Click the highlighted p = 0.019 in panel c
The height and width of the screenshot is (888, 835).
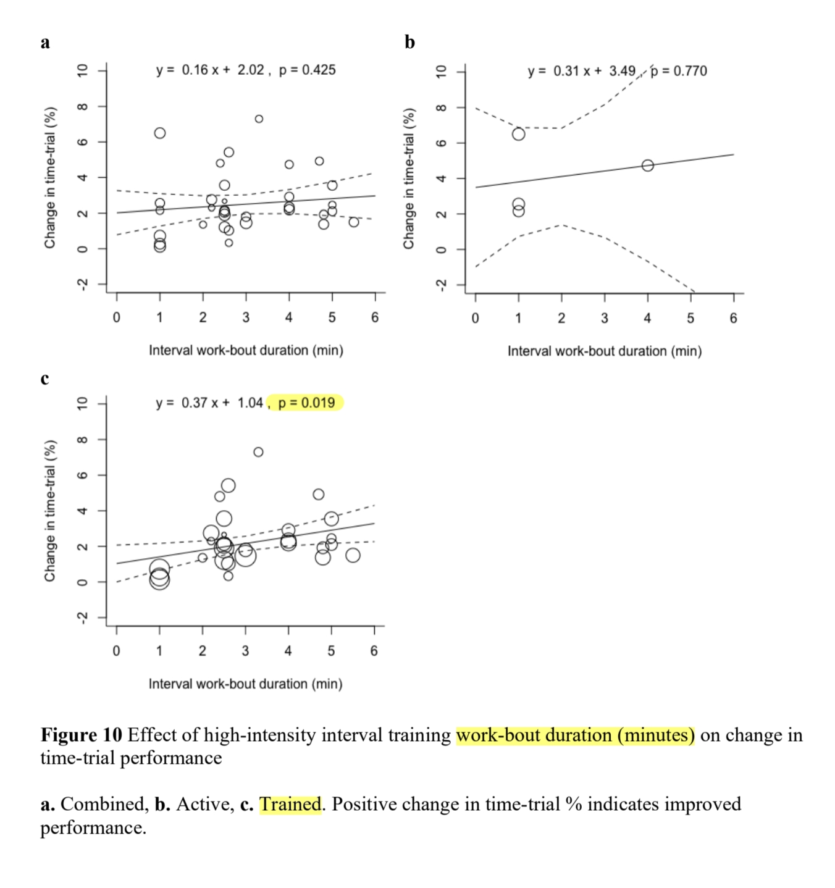pos(306,403)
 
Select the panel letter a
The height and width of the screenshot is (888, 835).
pos(45,42)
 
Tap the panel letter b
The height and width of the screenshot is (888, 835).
pos(409,42)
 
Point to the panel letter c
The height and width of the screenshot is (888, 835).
pos(44,378)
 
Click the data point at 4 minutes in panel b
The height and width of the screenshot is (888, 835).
pos(647,165)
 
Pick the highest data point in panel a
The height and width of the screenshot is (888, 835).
pos(259,119)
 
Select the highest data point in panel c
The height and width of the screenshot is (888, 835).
pos(258,452)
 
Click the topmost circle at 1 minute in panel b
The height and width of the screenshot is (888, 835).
pos(519,134)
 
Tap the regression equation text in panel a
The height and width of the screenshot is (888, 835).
pos(210,70)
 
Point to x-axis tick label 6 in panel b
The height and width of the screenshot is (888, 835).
pos(733,318)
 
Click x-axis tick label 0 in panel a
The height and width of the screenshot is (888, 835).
pos(117,317)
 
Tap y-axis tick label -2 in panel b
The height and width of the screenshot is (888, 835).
pos(440,285)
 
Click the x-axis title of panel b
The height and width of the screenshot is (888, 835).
pos(604,351)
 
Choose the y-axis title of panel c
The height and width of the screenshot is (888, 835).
pos(50,511)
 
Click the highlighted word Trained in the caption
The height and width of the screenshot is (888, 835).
pos(290,804)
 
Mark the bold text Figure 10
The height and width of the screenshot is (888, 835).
pos(82,735)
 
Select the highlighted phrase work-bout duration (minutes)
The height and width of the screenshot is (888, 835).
pos(575,735)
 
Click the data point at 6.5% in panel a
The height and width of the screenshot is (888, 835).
pos(160,133)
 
